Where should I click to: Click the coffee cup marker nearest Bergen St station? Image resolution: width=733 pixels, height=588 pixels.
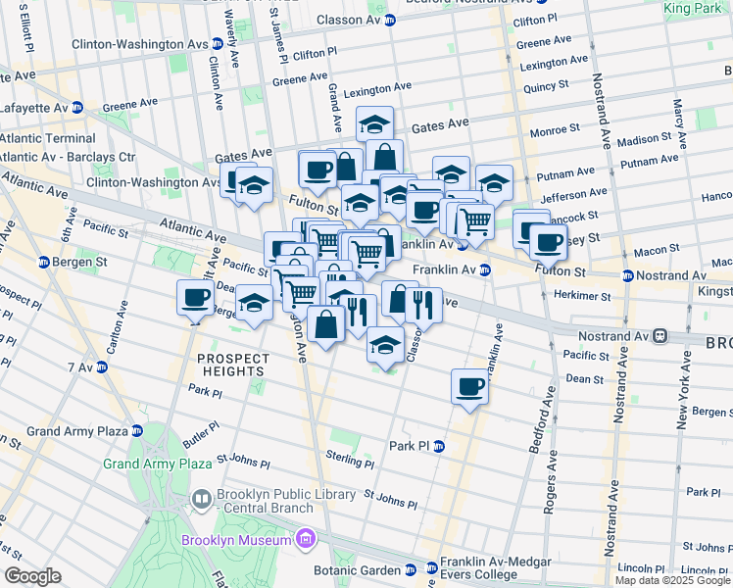[194, 298]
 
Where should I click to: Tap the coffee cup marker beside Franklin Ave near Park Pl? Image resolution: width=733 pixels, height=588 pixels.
[469, 386]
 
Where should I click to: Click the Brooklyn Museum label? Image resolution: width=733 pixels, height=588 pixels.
[235, 540]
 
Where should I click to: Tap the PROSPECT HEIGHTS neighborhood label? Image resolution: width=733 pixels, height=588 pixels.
[231, 365]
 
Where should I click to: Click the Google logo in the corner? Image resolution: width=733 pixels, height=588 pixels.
[32, 576]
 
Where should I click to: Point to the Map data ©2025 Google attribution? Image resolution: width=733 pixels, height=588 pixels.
[672, 580]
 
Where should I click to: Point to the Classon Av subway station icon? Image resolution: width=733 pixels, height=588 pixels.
[389, 20]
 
